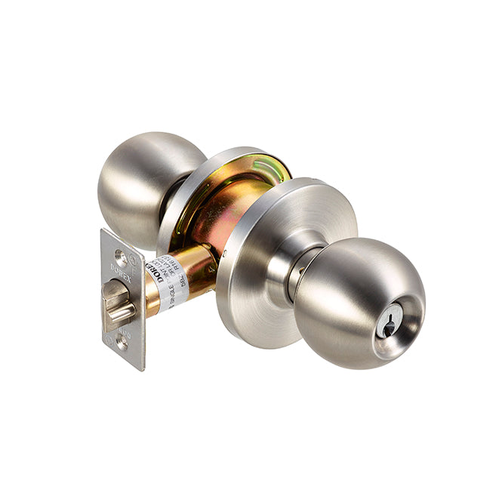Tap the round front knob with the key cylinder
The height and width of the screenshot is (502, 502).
pos(355,298)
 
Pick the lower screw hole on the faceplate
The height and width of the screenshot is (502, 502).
pos(122,342)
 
